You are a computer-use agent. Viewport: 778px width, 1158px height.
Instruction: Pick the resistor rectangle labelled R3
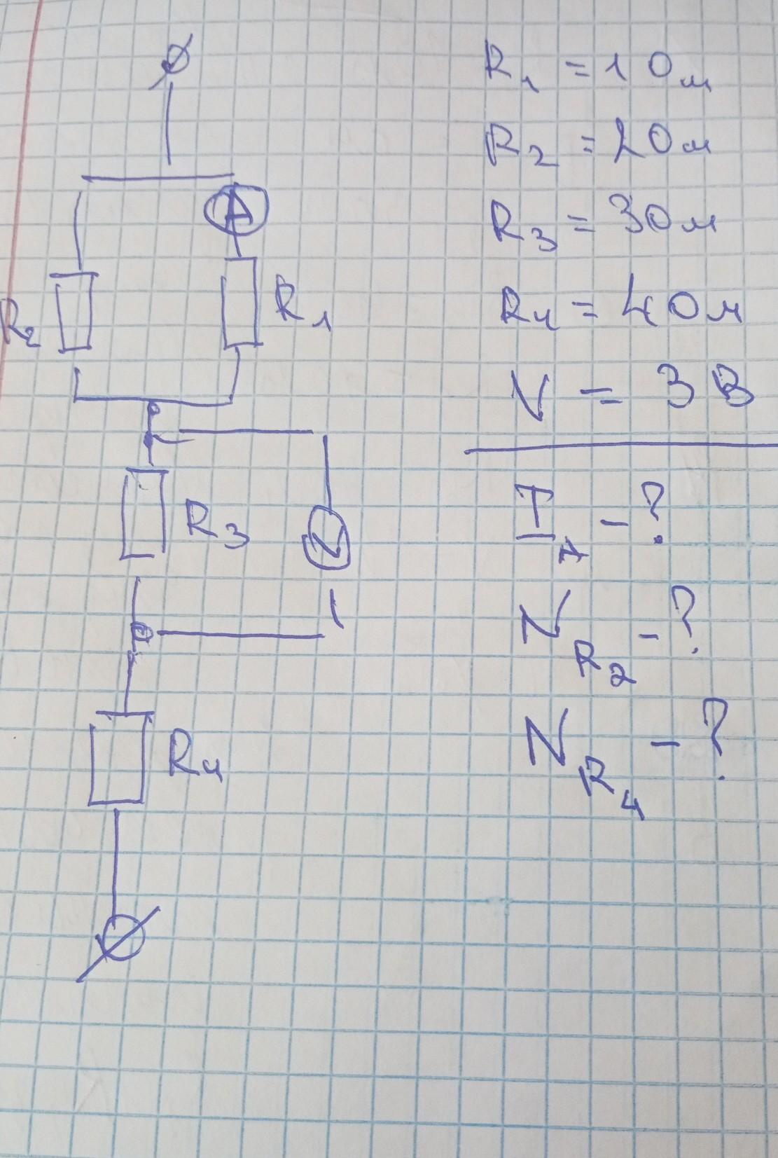click(145, 513)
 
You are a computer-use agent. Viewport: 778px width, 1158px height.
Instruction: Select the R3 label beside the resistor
click(214, 523)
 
